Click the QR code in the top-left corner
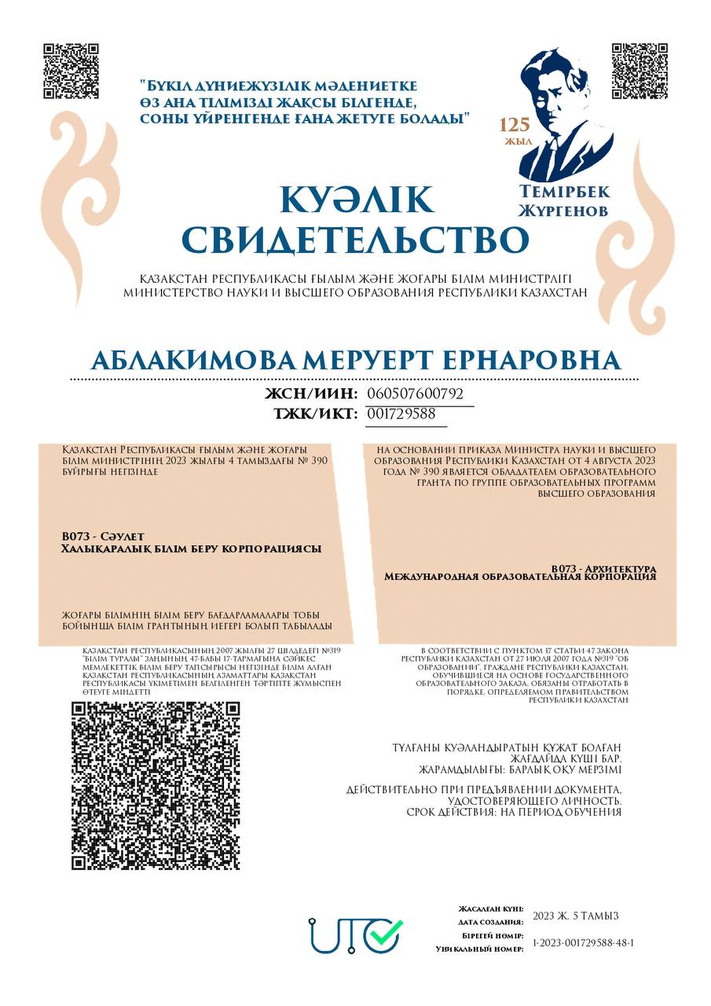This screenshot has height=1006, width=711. (71, 72)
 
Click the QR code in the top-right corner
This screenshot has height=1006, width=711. (639, 72)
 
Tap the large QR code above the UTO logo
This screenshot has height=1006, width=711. (156, 785)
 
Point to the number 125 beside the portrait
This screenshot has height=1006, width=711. (515, 124)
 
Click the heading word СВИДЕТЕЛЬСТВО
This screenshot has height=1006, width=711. (355, 239)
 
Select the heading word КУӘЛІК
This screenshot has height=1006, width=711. (356, 200)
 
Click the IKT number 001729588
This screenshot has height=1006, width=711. (401, 413)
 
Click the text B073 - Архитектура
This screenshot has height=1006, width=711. (603, 567)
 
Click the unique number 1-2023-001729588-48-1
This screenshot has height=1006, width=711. (583, 942)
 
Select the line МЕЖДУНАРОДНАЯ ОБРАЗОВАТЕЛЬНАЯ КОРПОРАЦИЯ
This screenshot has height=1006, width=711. (519, 577)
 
